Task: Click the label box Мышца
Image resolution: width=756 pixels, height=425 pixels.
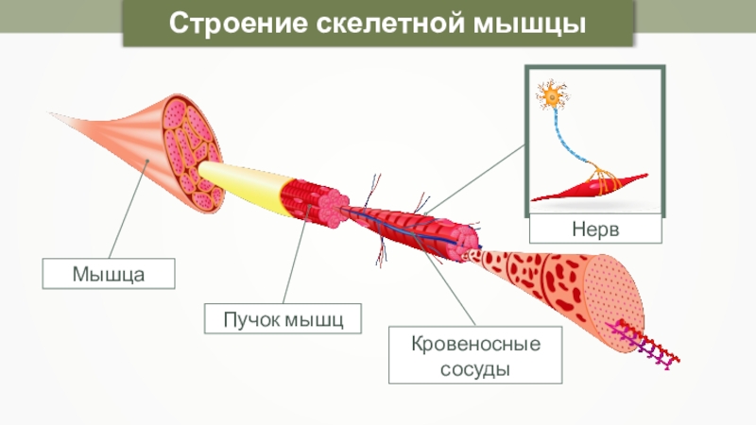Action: tap(109, 275)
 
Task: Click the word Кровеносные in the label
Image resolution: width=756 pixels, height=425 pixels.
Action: tap(475, 343)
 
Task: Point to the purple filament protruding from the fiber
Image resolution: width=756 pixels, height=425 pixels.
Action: tap(652, 345)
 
